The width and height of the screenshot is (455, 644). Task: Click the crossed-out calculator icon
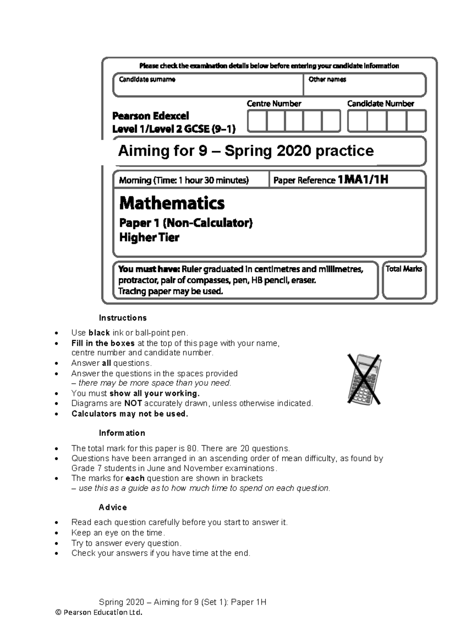364,379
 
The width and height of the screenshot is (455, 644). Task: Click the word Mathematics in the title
172,203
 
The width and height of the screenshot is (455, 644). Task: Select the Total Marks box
404,280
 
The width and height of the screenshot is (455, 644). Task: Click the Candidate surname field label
147,79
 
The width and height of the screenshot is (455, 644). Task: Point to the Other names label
327,79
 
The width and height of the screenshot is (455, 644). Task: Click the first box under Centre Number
257,121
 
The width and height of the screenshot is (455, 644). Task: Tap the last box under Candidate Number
416,121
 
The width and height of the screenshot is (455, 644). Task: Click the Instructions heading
122,318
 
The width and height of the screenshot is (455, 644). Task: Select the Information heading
122,433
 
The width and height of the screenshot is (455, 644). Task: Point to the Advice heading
113,507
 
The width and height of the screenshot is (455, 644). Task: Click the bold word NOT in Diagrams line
133,403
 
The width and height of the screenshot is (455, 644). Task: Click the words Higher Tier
149,238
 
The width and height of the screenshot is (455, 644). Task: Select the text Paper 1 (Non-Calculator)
186,223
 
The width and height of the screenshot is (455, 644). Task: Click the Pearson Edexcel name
151,116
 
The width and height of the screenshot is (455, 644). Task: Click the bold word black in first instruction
99,333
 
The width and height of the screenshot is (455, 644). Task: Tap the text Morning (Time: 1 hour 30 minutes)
184,180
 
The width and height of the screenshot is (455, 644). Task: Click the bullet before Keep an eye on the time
56,533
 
